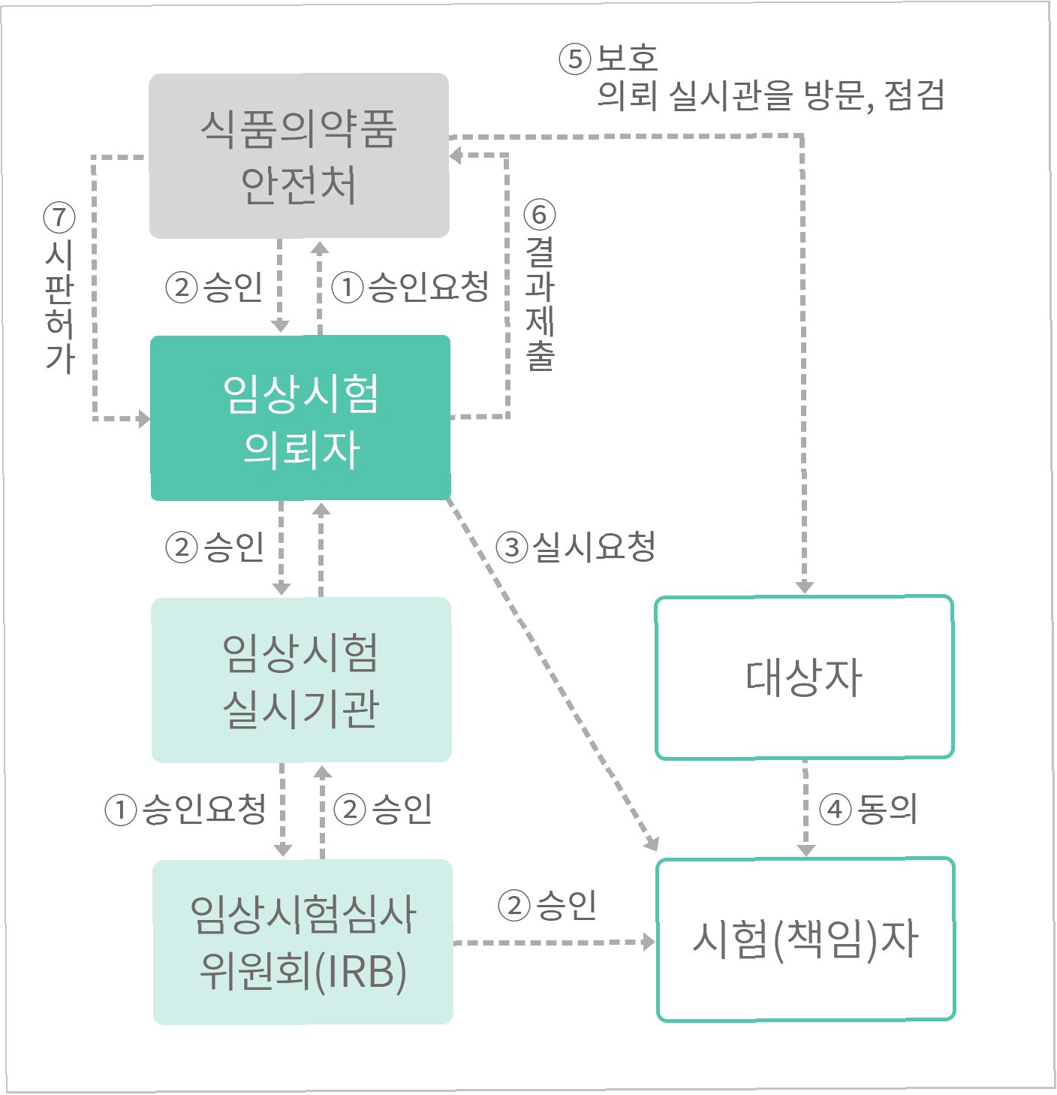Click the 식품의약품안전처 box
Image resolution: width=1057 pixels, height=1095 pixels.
pos(299,155)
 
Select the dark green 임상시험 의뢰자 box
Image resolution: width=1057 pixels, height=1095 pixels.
pos(300,418)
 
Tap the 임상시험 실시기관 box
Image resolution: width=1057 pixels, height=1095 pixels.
pos(301,680)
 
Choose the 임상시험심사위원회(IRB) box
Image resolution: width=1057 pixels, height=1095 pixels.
pos(303,942)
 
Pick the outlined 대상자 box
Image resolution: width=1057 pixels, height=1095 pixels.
pos(804,677)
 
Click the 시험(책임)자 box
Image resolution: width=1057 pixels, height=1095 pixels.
pos(806,939)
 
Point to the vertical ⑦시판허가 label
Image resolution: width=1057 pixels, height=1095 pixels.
pos(59,288)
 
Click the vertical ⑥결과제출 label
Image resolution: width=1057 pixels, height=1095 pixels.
pos(540,285)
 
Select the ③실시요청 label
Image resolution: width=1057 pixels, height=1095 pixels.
pos(576,546)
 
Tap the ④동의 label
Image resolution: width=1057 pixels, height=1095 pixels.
pos(868,809)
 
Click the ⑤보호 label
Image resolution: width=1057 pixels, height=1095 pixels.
pos(608,59)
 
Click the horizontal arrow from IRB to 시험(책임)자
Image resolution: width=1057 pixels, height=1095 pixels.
pos(554,942)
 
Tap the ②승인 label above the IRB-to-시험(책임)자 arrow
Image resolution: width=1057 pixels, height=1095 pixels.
pos(547,905)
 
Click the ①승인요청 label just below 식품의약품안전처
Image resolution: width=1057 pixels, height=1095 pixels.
pos(410,287)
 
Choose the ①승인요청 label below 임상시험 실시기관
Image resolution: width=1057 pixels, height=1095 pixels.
pos(185,810)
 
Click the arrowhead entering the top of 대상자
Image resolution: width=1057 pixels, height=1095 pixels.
pos(805,586)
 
